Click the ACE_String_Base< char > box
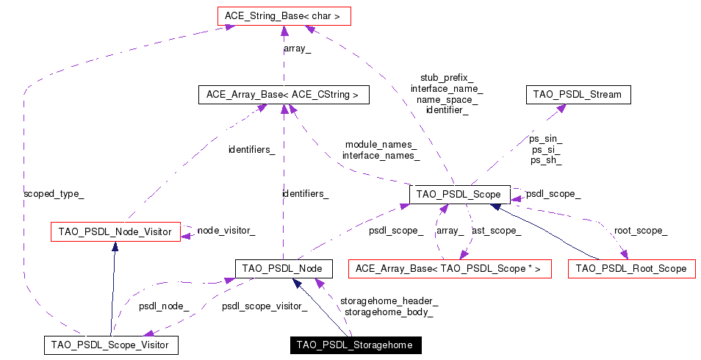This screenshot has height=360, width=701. pos(283,15)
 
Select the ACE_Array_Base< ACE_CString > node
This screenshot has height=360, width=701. pos(283,95)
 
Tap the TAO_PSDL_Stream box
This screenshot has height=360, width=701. pos(578,95)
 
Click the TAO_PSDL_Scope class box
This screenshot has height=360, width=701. pos(459,195)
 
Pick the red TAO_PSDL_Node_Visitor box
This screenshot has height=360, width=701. pos(115,232)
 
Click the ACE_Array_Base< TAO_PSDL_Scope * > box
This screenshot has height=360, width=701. pos(448,269)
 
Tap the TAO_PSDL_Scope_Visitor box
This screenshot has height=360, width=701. pos(111,345)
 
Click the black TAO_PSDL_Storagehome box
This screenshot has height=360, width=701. pos(354,345)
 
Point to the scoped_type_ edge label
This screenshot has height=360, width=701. pos(54,194)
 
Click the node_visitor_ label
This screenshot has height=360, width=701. pos(226,231)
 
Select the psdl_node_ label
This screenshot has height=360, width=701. pos(164,306)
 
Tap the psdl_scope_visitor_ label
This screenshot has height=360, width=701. pos(264,306)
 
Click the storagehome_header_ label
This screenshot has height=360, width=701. pos(389,300)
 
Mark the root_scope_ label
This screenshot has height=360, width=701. pos(641,231)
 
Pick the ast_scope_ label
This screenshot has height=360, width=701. pos(497,231)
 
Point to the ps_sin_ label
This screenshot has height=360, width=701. pos(546,138)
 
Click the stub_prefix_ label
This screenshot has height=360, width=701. pos(447,77)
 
